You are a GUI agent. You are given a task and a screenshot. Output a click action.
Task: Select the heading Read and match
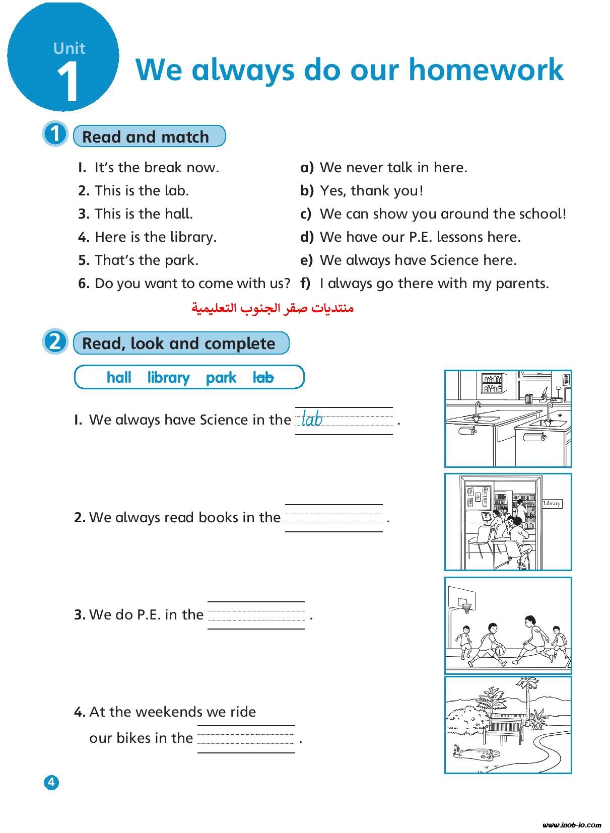click(x=146, y=136)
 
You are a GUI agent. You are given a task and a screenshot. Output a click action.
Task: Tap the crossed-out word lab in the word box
click(x=263, y=377)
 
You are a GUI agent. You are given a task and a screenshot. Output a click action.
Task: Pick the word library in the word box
click(x=168, y=377)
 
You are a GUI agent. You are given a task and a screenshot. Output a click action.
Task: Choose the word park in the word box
click(x=221, y=377)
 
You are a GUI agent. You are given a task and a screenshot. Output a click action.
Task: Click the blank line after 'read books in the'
click(x=333, y=518)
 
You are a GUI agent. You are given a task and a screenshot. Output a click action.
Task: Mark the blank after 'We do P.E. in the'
click(x=256, y=615)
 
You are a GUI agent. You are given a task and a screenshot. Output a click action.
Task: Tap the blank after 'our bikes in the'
click(x=246, y=739)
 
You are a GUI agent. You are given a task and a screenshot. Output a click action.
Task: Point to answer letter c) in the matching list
click(x=306, y=214)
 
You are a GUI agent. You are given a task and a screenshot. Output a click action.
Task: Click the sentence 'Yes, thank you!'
click(x=371, y=190)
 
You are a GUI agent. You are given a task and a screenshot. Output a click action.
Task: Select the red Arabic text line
click(x=273, y=308)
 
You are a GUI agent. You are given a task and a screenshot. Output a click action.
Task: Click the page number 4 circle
click(x=51, y=782)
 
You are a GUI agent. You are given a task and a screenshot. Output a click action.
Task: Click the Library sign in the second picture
click(x=552, y=503)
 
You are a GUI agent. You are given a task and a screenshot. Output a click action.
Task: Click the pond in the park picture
click(x=476, y=753)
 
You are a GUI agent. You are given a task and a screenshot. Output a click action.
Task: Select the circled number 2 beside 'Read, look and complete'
click(x=54, y=342)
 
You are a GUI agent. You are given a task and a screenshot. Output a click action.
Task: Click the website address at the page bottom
click(x=572, y=824)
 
